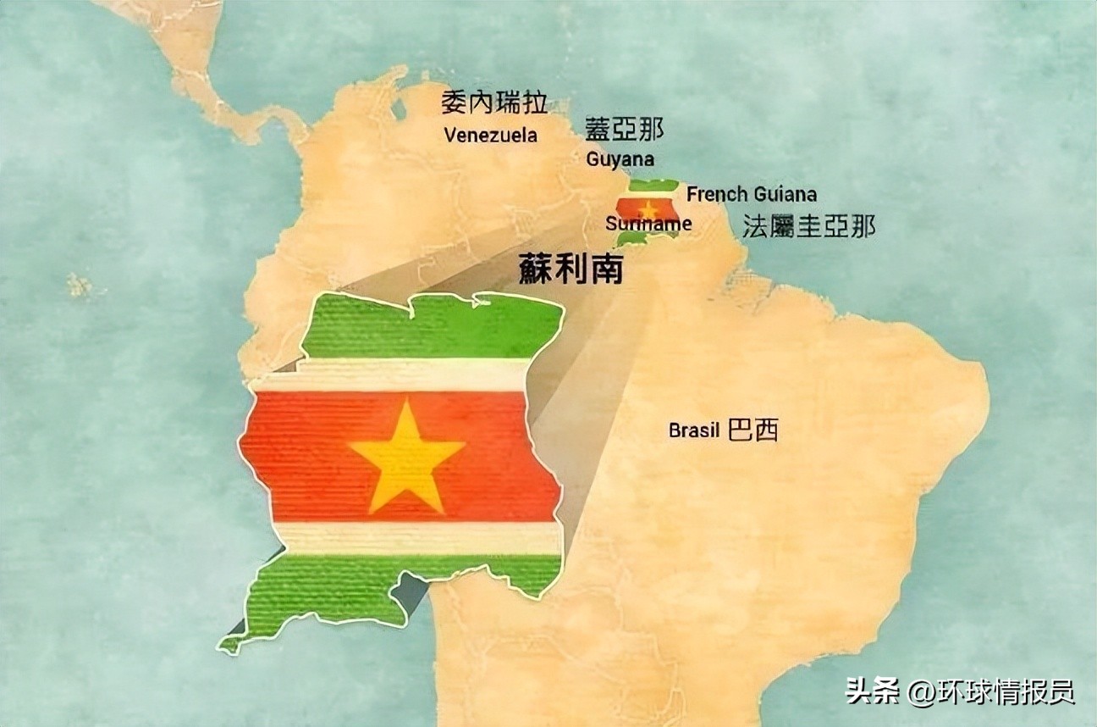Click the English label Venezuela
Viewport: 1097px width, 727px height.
490,135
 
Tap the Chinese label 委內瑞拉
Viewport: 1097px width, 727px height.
494,103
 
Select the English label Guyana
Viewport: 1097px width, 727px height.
620,158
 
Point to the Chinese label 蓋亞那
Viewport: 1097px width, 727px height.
624,129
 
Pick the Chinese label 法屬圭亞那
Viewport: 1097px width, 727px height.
808,226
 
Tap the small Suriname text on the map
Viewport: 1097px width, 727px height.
648,225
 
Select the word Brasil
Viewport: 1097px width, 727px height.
694,430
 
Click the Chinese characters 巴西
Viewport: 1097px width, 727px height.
752,430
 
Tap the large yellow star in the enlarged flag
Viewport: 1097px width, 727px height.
407,455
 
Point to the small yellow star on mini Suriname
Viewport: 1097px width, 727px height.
648,208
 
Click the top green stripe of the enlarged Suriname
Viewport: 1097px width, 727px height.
432,326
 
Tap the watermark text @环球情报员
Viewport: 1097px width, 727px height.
991,692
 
